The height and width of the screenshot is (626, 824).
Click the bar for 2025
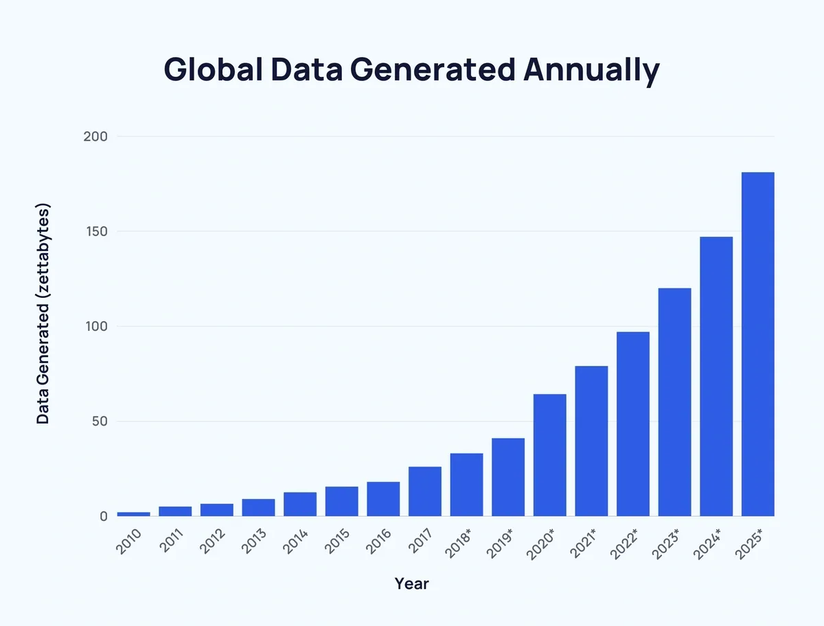click(x=758, y=344)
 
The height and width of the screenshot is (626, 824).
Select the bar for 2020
click(x=549, y=455)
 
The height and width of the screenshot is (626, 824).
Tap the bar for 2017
click(x=424, y=491)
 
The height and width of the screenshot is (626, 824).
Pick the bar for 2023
click(x=674, y=402)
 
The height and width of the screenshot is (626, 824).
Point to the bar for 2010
click(x=133, y=513)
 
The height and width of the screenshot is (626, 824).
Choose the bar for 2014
click(x=300, y=504)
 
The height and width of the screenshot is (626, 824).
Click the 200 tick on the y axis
click(x=95, y=137)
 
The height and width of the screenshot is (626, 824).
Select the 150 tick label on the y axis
click(x=95, y=231)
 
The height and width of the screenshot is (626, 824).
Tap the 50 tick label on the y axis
click(x=99, y=421)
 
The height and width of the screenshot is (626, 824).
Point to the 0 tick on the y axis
click(x=103, y=516)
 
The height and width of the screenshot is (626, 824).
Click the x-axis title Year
click(x=411, y=584)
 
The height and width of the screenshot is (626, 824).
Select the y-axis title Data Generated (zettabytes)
click(x=43, y=313)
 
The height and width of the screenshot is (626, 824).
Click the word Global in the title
click(x=212, y=70)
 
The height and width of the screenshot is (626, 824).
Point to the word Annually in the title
click(x=591, y=70)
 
